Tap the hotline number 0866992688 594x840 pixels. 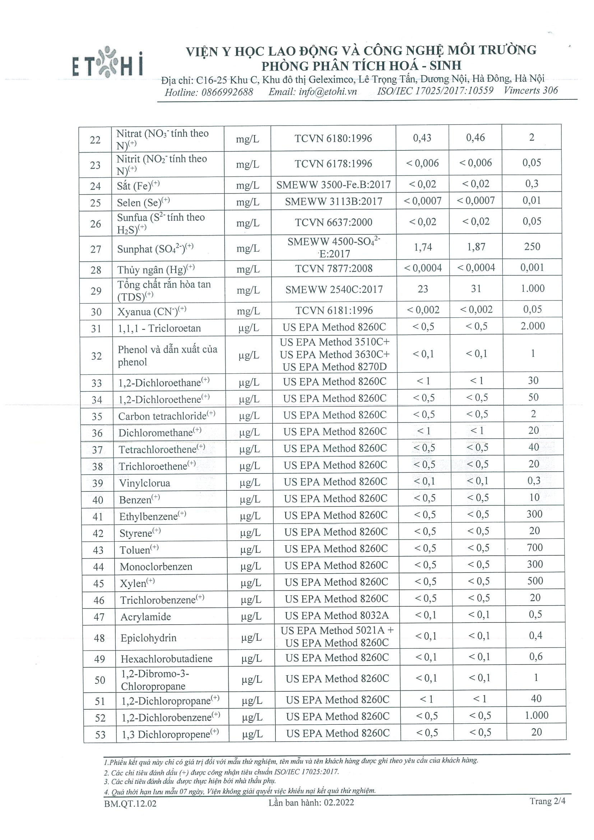click(227, 92)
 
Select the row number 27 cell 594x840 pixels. click(96, 249)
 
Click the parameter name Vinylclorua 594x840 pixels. click(145, 483)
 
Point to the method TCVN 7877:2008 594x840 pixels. click(334, 269)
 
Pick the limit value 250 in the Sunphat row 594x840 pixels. click(532, 247)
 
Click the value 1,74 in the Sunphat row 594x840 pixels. click(423, 247)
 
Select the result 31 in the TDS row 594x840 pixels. click(476, 289)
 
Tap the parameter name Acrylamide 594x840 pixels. click(146, 617)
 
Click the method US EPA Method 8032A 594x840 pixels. click(337, 615)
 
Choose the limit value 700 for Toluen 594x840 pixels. click(534, 547)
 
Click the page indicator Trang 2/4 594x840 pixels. click(547, 801)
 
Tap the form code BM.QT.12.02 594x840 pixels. click(130, 803)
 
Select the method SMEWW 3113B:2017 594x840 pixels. click(333, 201)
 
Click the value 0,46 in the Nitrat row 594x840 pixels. click(475, 137)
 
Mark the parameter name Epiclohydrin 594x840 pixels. click(149, 638)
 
